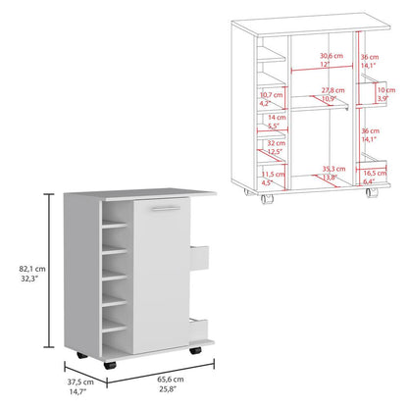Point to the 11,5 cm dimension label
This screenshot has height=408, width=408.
[265, 178]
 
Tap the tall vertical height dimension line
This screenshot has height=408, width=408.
[48, 274]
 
